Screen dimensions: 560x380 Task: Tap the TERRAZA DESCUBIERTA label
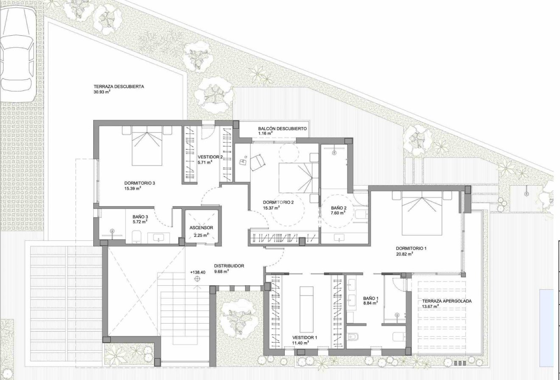tap(119, 87)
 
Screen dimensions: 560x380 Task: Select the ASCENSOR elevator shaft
tap(202, 227)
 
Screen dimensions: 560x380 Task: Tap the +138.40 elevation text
tap(198, 273)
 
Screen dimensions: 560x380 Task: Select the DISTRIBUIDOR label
tap(229, 266)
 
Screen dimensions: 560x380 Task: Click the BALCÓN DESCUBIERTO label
tap(282, 129)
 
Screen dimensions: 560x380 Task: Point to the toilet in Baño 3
tap(137, 237)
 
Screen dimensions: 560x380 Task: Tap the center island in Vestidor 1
tap(306, 309)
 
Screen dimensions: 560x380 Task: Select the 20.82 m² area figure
tap(404, 254)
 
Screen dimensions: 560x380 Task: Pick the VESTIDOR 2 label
tap(210, 157)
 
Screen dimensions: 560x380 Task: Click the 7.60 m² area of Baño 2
tap(338, 213)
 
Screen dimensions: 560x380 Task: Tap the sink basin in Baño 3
tap(159, 238)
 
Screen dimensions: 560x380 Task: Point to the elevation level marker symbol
tap(198, 279)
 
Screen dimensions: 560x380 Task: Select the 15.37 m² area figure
tap(271, 208)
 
